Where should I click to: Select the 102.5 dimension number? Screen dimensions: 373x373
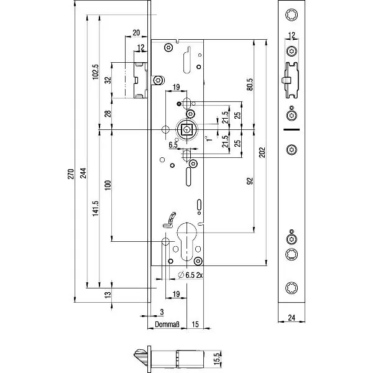click(x=95, y=72)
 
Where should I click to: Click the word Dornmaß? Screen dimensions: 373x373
click(x=167, y=324)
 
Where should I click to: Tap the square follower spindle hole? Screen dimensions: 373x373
click(x=186, y=129)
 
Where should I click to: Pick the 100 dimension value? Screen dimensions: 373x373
click(x=108, y=185)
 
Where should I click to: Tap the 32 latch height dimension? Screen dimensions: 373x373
click(x=108, y=80)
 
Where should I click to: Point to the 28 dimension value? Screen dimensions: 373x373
click(x=108, y=113)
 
